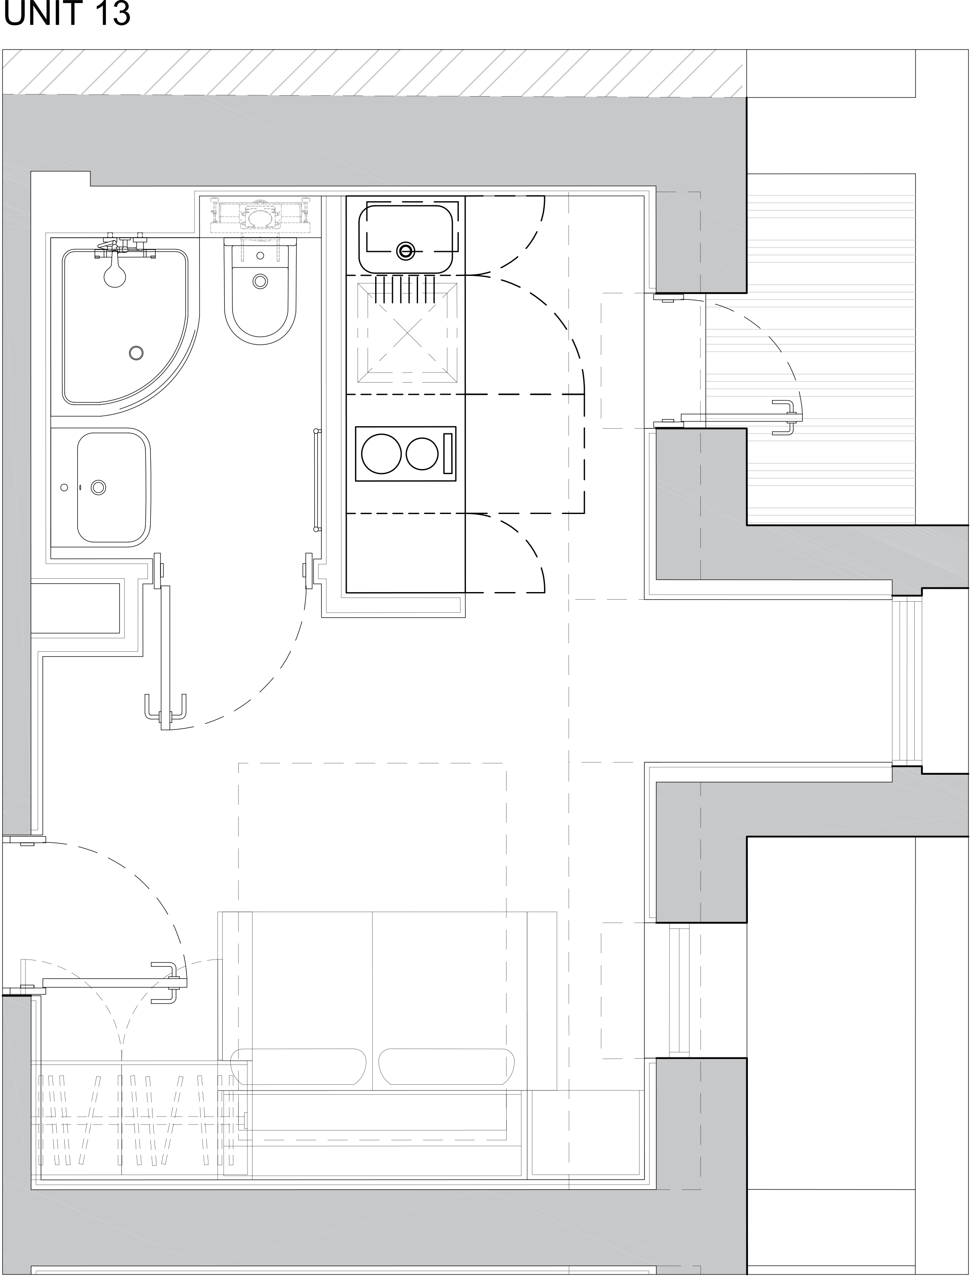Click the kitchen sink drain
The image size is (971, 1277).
point(406,250)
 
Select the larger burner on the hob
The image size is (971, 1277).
point(382,454)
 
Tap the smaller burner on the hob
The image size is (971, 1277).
point(422,454)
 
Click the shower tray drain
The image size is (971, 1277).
point(137,352)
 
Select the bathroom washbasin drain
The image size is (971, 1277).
point(99,488)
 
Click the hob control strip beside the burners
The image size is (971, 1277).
point(447,454)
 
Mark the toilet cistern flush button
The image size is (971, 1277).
point(260,255)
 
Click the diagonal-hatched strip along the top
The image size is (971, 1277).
point(373,72)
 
